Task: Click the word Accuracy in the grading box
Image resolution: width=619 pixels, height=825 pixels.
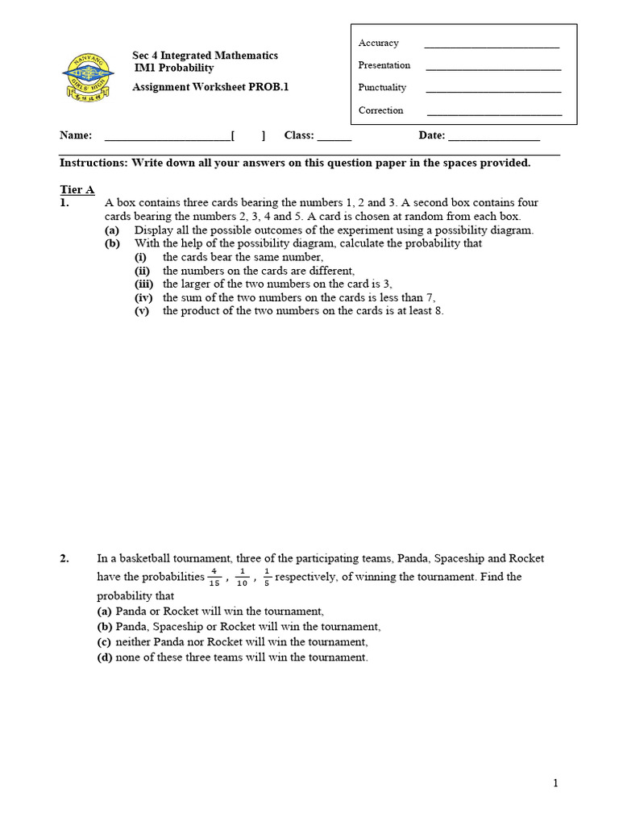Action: click(x=378, y=44)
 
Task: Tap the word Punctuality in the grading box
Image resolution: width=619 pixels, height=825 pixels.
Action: click(x=382, y=88)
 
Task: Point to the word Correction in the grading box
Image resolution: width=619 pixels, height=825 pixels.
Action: click(x=380, y=110)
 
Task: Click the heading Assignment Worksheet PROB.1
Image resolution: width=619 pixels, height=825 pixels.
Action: click(x=210, y=88)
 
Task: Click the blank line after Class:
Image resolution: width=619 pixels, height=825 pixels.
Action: click(x=334, y=139)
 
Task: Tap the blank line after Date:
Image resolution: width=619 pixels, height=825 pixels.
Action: click(x=493, y=139)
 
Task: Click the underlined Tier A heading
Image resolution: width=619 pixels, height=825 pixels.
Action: click(x=77, y=190)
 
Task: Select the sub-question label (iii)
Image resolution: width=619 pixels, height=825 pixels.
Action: click(x=143, y=284)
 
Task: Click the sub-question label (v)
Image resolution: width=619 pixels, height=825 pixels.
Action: click(x=142, y=311)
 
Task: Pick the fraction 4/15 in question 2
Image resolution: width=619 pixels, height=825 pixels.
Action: click(x=214, y=578)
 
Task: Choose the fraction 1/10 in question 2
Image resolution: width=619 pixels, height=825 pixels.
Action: click(x=242, y=578)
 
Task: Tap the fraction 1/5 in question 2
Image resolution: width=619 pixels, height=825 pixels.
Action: click(x=268, y=578)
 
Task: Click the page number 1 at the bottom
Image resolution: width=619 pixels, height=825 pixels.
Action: click(x=555, y=783)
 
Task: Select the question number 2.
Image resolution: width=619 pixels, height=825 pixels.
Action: click(x=64, y=558)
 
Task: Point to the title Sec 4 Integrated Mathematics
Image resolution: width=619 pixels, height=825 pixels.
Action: click(x=205, y=56)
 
